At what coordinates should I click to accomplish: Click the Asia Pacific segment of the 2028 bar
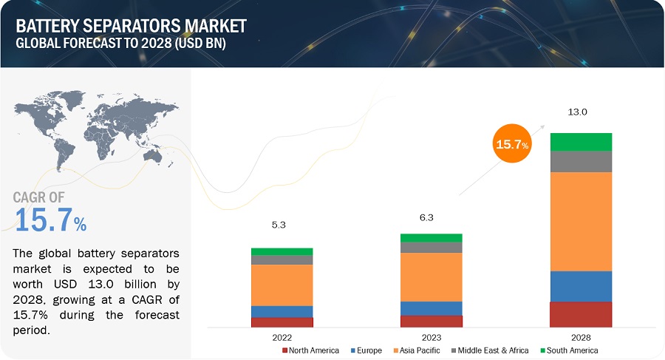pos(581,221)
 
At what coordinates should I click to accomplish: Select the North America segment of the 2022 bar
pos(282,322)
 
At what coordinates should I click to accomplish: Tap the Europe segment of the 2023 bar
pos(431,308)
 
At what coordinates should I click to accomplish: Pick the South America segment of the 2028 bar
pos(581,142)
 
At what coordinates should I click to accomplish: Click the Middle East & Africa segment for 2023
pos(431,248)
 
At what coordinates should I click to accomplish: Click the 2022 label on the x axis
pos(282,336)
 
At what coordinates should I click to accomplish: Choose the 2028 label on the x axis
pos(581,336)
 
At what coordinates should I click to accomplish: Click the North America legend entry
pos(311,350)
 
